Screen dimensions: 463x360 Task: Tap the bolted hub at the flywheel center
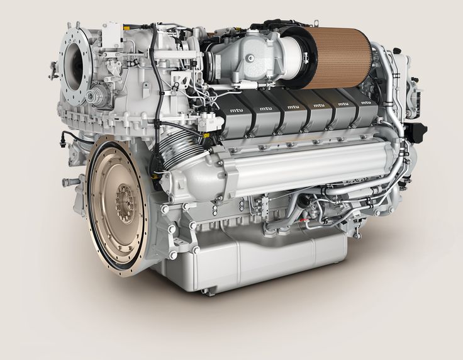[125, 200]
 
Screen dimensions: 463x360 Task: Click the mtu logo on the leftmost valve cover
[235, 110]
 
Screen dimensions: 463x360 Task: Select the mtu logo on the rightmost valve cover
[366, 103]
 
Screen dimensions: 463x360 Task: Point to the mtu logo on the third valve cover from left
[293, 106]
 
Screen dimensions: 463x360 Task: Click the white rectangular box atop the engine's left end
[112, 35]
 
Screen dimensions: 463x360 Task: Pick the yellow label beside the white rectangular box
[127, 28]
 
